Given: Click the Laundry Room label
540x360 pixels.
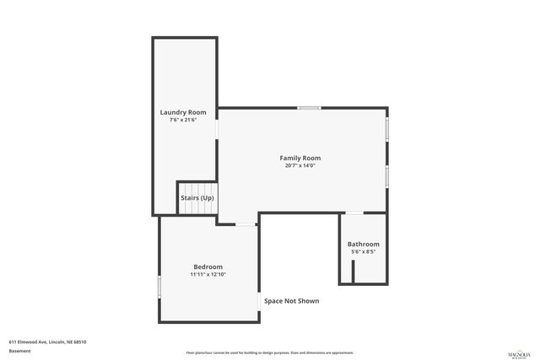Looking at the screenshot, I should click(183, 112).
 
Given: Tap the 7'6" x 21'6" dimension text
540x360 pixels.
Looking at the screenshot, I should click(183, 120).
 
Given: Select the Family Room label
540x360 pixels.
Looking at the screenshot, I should click(300, 158).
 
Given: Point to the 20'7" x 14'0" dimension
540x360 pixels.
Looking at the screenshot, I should click(300, 165).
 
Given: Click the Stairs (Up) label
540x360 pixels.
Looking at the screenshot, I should click(197, 198).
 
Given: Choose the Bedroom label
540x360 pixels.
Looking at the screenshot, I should click(207, 266).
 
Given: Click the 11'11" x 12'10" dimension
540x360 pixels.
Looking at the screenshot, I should click(207, 274).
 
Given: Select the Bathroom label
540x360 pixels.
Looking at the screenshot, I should click(363, 244).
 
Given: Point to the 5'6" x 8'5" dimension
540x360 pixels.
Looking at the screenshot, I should click(363, 251).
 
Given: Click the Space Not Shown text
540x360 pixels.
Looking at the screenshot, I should click(291, 301).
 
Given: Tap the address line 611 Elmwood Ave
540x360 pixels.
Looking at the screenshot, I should click(48, 341).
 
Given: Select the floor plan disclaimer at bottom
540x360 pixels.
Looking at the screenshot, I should click(269, 352).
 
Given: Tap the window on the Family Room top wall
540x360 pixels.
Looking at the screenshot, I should click(309, 108).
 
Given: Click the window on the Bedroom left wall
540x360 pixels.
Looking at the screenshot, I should click(159, 286).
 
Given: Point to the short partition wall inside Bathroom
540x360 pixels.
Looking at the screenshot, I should click(353, 271).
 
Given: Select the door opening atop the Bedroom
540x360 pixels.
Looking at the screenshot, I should click(246, 223).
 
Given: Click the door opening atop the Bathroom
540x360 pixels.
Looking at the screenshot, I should click(353, 212).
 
